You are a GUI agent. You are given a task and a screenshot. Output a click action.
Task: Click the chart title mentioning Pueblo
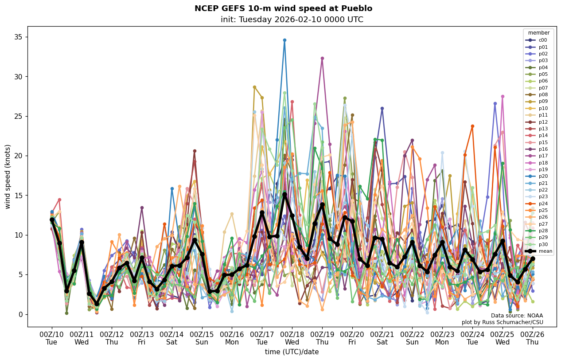pyautogui.click(x=283, y=8)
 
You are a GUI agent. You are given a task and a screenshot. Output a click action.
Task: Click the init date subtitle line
pyautogui.click(x=292, y=20)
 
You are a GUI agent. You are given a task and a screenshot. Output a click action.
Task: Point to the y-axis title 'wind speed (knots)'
pyautogui.click(x=8, y=176)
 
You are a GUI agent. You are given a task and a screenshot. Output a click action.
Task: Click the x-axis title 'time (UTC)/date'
pyautogui.click(x=292, y=352)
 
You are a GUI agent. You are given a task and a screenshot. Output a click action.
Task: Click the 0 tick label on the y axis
pyautogui.click(x=19, y=314)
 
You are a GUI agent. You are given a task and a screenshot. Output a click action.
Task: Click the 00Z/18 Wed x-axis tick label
pyautogui.click(x=292, y=338)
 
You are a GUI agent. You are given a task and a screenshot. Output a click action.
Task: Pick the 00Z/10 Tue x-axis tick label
pyautogui.click(x=51, y=338)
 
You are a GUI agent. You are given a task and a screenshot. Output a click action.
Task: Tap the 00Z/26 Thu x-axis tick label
pyautogui.click(x=532, y=338)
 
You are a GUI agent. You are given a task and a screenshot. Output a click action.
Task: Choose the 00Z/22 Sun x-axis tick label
pyautogui.click(x=412, y=338)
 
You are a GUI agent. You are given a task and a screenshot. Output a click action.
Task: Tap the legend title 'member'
pyautogui.click(x=538, y=33)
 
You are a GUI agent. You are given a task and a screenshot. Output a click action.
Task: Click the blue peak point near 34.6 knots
pyautogui.click(x=284, y=40)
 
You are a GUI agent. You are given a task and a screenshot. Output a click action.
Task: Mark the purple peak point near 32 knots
pyautogui.click(x=322, y=58)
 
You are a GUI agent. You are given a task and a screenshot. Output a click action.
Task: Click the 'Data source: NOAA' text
pyautogui.click(x=517, y=316)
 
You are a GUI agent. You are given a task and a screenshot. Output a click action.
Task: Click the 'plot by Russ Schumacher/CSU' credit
pyautogui.click(x=502, y=322)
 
